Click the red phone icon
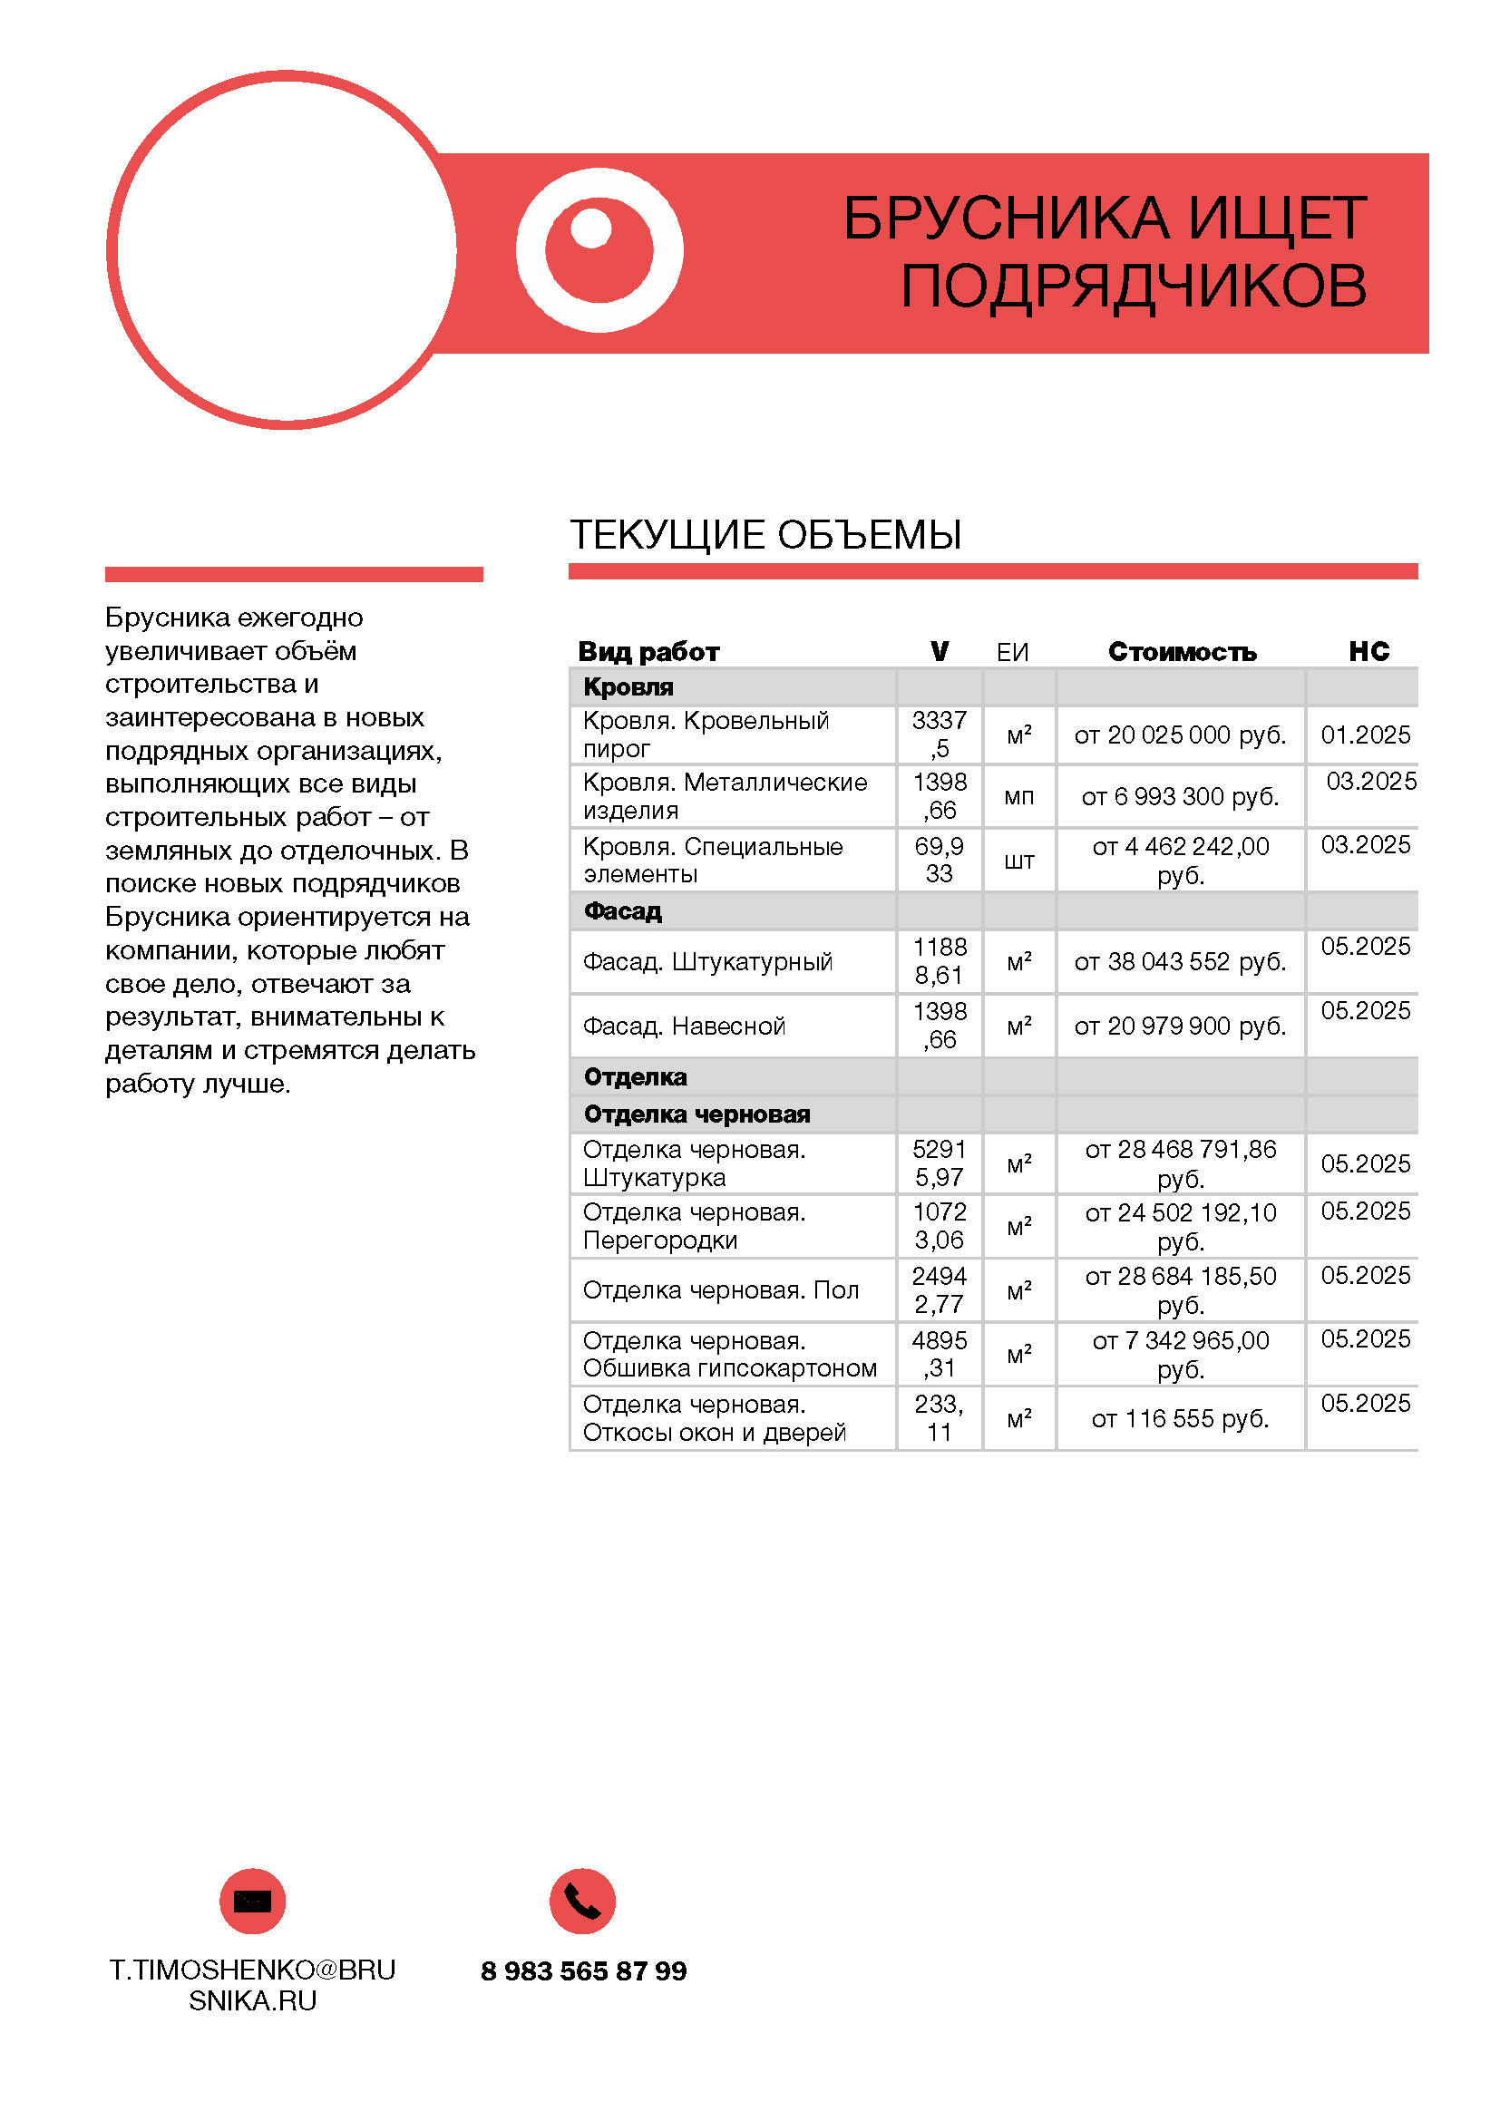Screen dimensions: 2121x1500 [x=582, y=1902]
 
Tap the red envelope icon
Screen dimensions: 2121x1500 [x=252, y=1902]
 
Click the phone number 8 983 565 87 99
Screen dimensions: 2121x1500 [x=583, y=1971]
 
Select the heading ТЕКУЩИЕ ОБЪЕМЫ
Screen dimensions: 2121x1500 [x=765, y=535]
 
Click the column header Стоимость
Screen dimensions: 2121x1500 [x=1182, y=652]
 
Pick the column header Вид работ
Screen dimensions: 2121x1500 [x=648, y=652]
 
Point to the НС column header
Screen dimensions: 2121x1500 [x=1368, y=651]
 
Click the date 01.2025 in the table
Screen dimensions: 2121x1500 [x=1365, y=735]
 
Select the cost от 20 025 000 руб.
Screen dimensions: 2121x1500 [x=1180, y=735]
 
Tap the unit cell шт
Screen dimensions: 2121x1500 [x=1018, y=861]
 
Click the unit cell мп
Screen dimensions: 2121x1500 [x=1018, y=796]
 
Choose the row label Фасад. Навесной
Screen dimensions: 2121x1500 [x=684, y=1026]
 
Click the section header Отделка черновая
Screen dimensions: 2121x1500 [x=696, y=1115]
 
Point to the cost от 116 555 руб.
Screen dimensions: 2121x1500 [x=1180, y=1419]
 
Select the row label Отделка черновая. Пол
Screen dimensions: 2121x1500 [x=720, y=1290]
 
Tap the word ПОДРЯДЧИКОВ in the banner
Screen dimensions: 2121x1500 [x=1134, y=286]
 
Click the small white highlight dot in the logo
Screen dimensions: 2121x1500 [x=591, y=229]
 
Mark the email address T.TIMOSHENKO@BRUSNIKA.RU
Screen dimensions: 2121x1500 [x=252, y=1985]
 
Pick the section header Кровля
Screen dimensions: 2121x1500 [x=628, y=687]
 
